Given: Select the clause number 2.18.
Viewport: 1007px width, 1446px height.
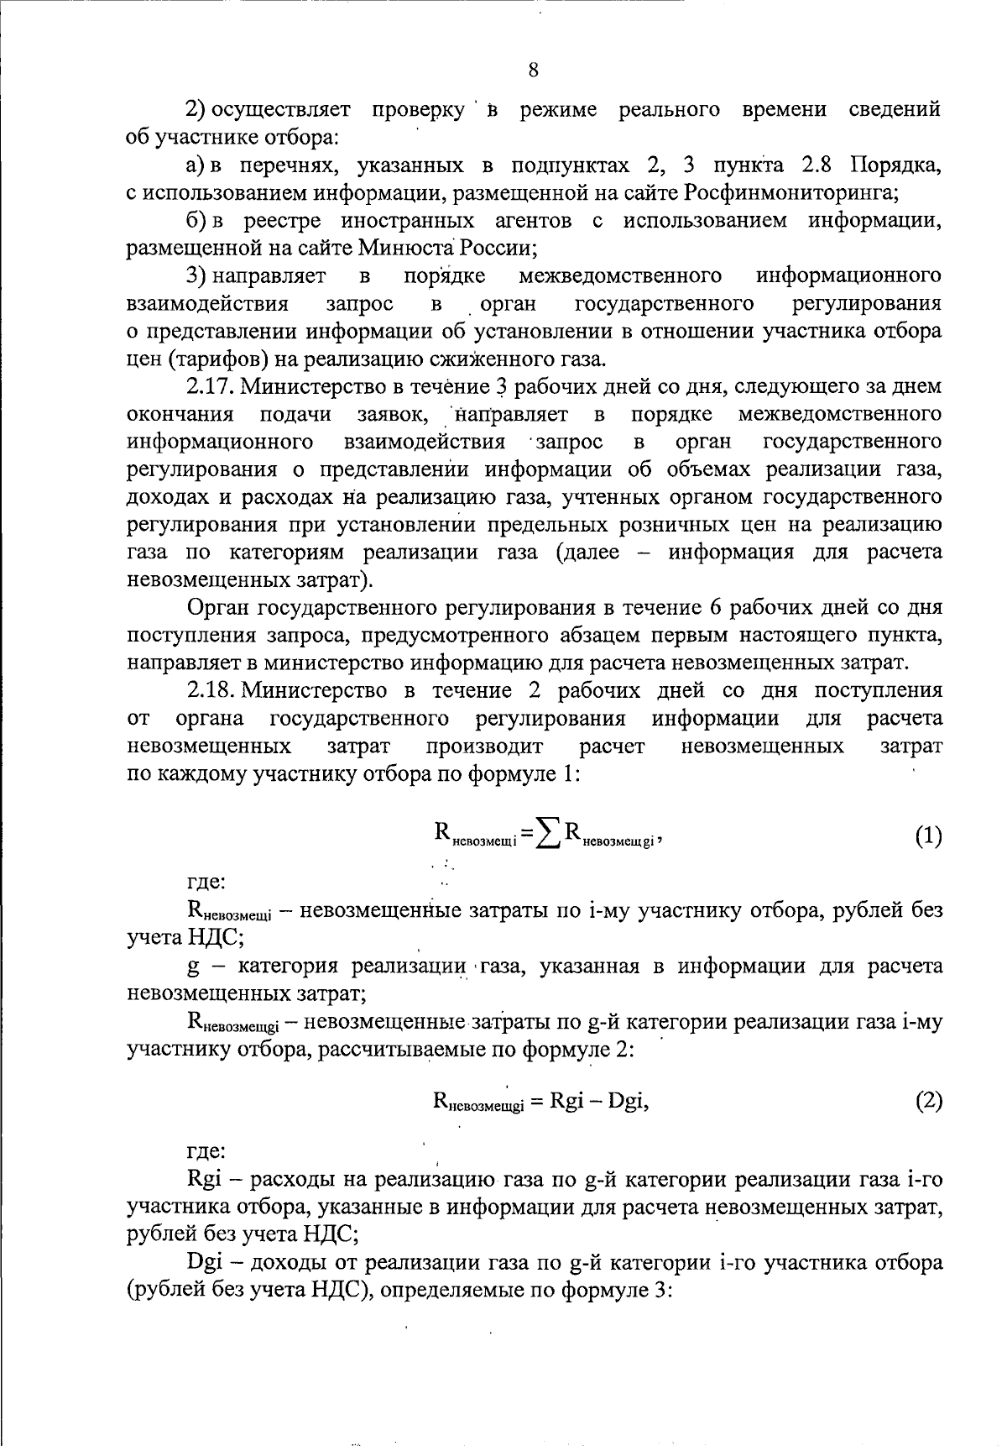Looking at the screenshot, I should (x=210, y=691).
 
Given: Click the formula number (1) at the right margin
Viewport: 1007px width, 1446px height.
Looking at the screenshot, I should (x=928, y=836).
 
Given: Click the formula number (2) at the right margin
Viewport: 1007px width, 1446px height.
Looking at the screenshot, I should (x=928, y=1101).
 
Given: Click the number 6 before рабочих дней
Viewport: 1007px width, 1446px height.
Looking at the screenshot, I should (x=715, y=607).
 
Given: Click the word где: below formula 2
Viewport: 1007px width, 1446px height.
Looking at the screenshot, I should (x=205, y=1151).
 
